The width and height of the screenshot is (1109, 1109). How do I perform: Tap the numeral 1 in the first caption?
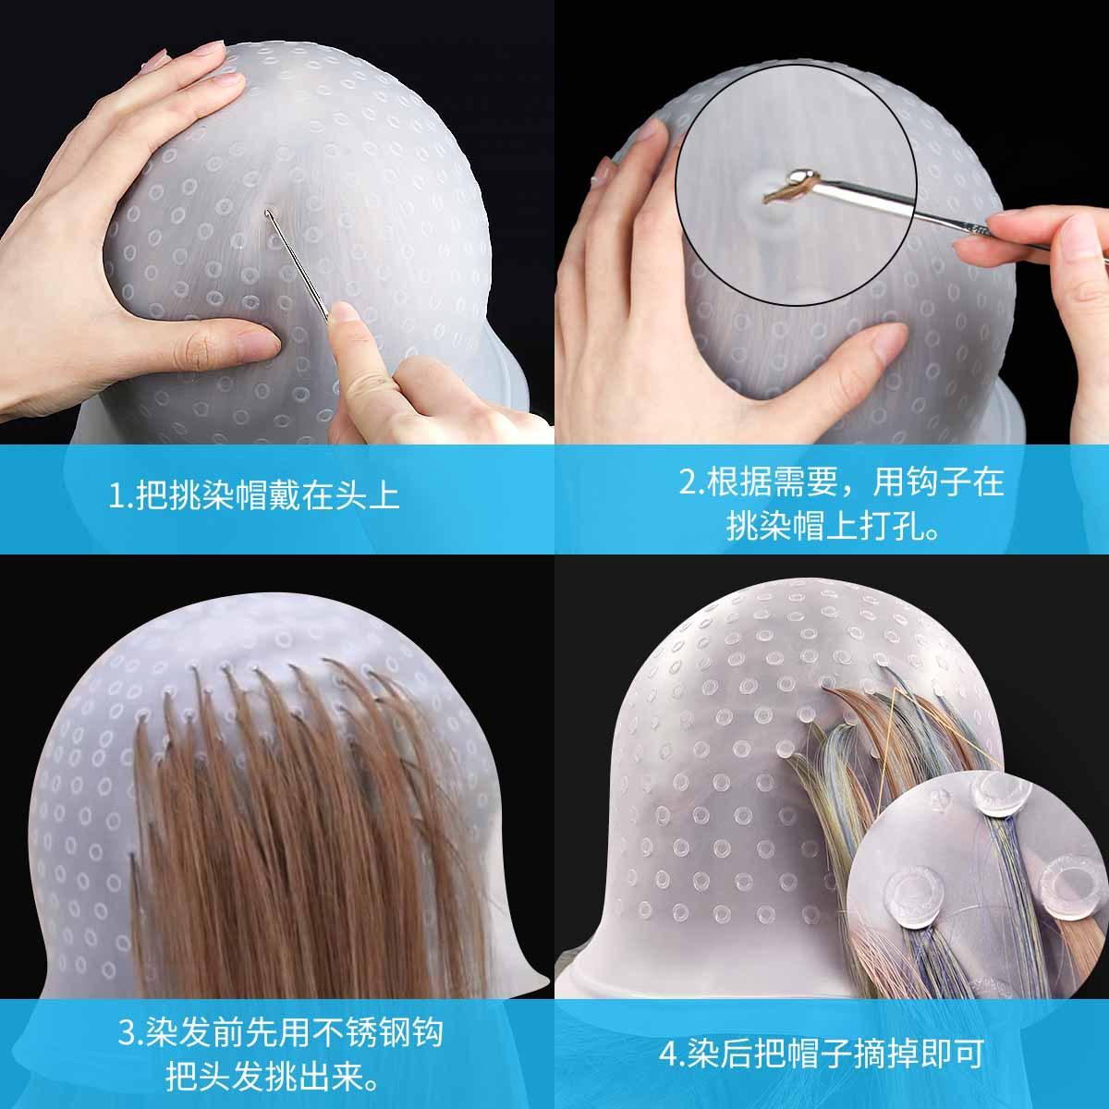(116, 496)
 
